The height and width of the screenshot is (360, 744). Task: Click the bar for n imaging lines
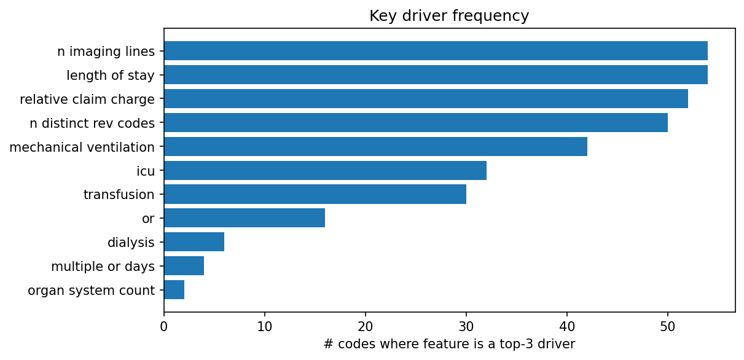click(436, 51)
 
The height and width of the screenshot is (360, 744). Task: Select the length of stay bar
click(436, 75)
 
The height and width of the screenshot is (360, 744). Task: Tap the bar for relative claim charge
click(426, 99)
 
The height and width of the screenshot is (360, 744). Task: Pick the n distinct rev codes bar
click(415, 123)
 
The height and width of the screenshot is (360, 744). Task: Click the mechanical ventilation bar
click(375, 147)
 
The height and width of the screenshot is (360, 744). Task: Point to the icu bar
click(325, 171)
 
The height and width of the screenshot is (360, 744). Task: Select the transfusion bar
click(315, 195)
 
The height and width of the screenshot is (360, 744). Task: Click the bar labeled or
click(244, 218)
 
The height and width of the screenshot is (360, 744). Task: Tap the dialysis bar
click(194, 242)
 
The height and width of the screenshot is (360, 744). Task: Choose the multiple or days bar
click(184, 266)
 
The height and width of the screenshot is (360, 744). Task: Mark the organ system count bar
click(174, 290)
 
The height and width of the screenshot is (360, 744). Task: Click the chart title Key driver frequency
click(449, 16)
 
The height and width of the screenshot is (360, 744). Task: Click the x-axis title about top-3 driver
click(449, 345)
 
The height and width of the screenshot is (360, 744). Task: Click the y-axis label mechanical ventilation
click(82, 147)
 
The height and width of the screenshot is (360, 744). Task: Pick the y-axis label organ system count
click(92, 291)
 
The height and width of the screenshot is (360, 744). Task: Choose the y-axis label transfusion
click(119, 195)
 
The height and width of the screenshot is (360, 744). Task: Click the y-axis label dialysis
click(131, 243)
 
